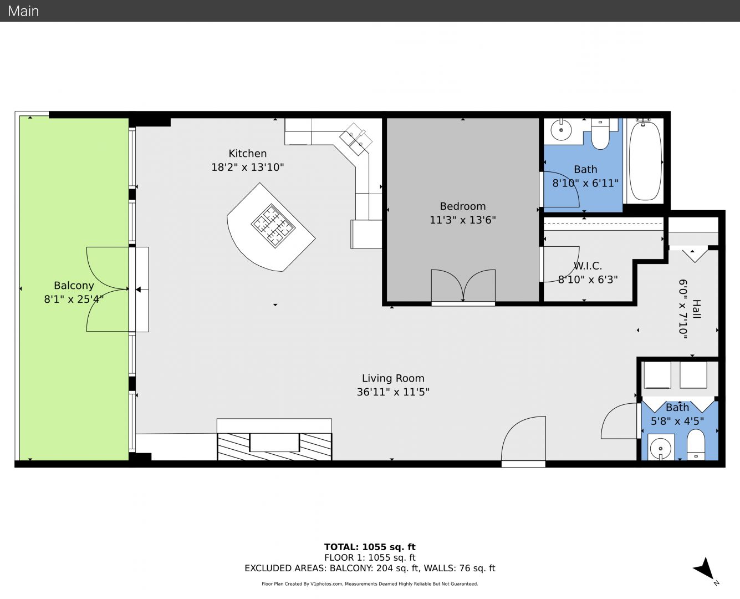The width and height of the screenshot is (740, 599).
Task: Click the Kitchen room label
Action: pyautogui.click(x=248, y=153)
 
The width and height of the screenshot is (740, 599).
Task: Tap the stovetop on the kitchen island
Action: pyautogui.click(x=273, y=226)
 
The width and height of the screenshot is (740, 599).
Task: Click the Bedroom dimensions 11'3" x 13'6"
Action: pyautogui.click(x=463, y=220)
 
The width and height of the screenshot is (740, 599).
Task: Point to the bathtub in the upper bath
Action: pyautogui.click(x=645, y=161)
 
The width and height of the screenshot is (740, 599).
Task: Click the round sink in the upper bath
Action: pyautogui.click(x=561, y=130)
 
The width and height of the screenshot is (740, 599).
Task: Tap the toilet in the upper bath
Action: pyautogui.click(x=600, y=134)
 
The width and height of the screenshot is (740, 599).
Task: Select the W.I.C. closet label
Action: pyautogui.click(x=588, y=266)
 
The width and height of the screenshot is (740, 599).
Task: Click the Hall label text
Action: pyautogui.click(x=696, y=309)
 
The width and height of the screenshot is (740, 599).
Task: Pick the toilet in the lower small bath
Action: pyautogui.click(x=696, y=445)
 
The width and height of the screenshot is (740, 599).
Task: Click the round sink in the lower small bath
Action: pyautogui.click(x=660, y=449)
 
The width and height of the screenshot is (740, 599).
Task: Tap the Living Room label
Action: pyautogui.click(x=393, y=378)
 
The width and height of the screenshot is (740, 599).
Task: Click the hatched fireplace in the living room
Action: pyautogui.click(x=274, y=446)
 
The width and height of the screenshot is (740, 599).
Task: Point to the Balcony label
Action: pyautogui.click(x=74, y=286)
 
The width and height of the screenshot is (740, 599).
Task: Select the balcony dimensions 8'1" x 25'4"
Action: pyautogui.click(x=74, y=299)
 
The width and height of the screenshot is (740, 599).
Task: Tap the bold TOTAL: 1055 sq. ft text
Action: pyautogui.click(x=370, y=547)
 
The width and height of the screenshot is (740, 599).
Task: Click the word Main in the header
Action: pyautogui.click(x=23, y=11)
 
